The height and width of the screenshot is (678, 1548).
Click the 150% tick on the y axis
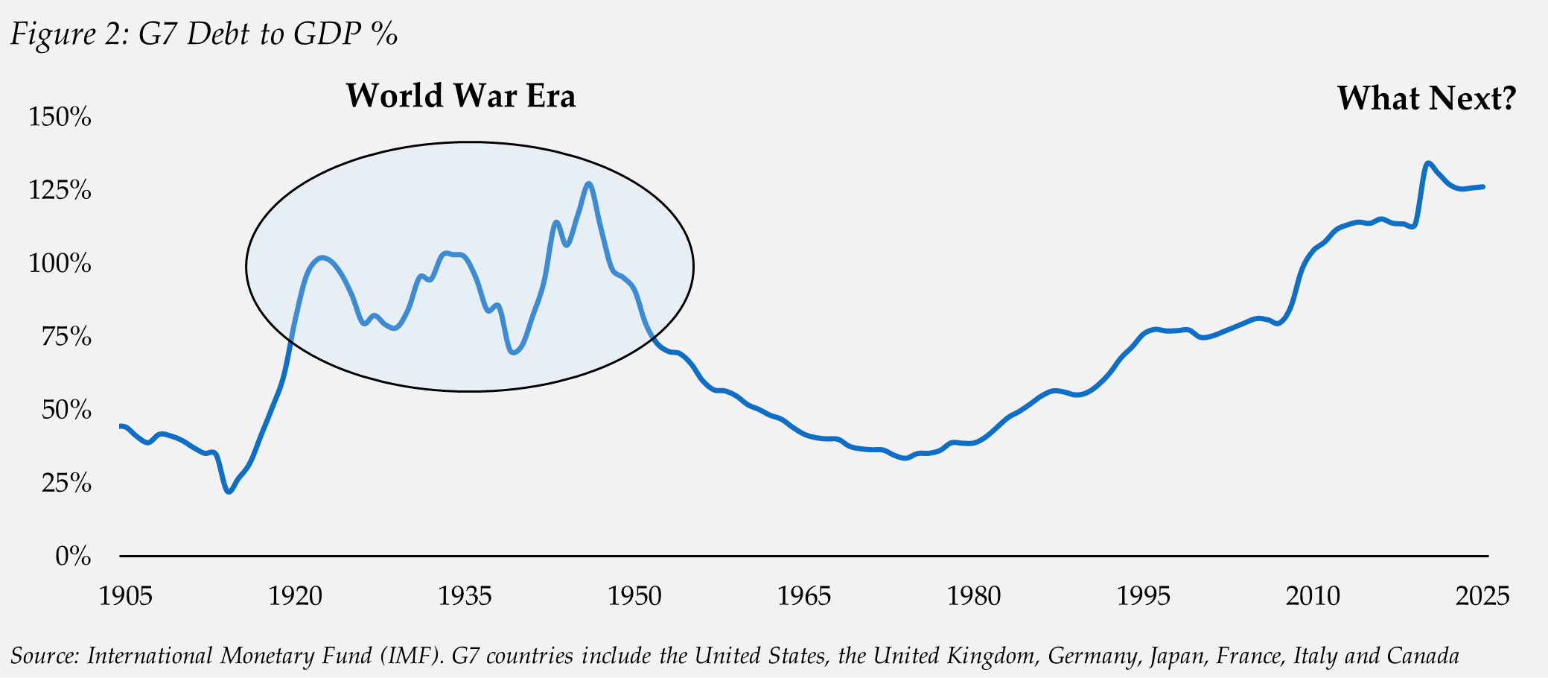pyautogui.click(x=60, y=117)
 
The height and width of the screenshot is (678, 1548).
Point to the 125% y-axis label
pyautogui.click(x=60, y=190)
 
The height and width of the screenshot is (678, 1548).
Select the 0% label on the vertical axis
pyautogui.click(x=73, y=557)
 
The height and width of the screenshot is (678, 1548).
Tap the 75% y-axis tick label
pyautogui.click(x=66, y=337)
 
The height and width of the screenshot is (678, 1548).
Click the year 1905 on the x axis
pyautogui.click(x=126, y=596)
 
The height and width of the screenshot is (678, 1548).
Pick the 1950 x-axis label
pyautogui.click(x=634, y=596)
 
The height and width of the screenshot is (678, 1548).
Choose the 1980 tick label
pyautogui.click(x=974, y=596)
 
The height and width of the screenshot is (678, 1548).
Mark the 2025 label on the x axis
pyautogui.click(x=1482, y=596)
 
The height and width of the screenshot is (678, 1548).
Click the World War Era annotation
pyautogui.click(x=460, y=96)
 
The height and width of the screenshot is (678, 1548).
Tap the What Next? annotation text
pyautogui.click(x=1426, y=98)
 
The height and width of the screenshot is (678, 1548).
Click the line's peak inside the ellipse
pyautogui.click(x=589, y=183)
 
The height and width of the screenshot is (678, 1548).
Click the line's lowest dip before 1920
pyautogui.click(x=229, y=492)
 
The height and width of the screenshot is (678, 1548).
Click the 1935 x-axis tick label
pyautogui.click(x=465, y=596)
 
